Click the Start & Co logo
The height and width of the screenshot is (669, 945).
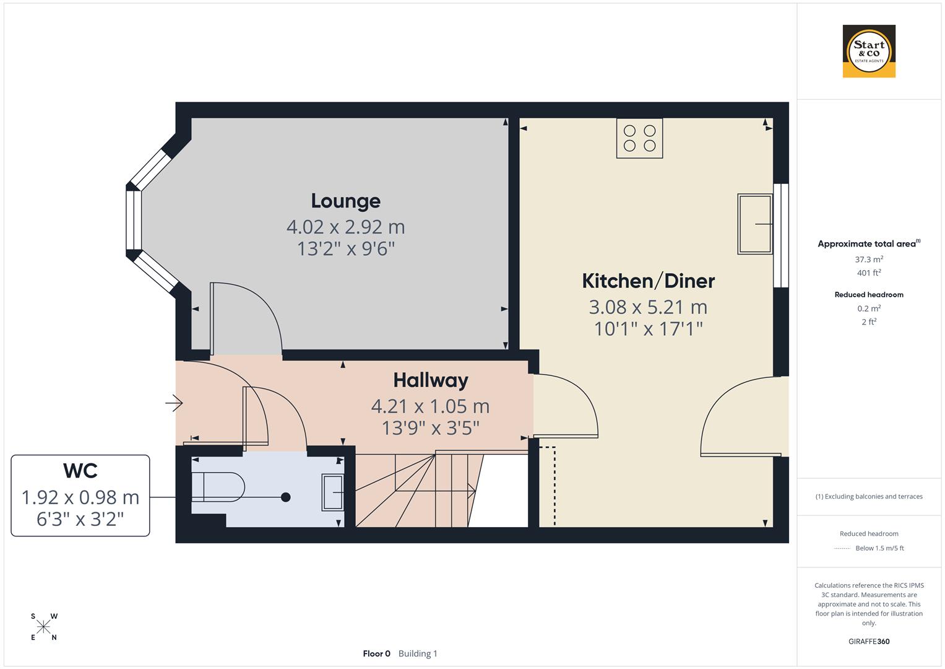[869, 51]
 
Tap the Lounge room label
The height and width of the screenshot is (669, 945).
[345, 201]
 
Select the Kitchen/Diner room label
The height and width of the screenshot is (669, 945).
[648, 281]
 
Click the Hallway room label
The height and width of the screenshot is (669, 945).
[431, 380]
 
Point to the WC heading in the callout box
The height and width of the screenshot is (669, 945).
[80, 471]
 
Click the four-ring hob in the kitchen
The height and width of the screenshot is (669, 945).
[639, 138]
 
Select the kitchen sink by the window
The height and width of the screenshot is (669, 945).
[755, 224]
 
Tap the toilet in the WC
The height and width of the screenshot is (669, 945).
[217, 487]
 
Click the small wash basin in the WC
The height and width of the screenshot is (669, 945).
[332, 492]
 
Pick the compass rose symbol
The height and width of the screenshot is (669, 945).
[43, 627]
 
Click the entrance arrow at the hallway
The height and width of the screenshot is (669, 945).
[174, 404]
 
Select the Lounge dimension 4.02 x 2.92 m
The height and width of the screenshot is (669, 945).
[345, 227]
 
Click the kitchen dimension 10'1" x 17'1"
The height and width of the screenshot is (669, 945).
[648, 328]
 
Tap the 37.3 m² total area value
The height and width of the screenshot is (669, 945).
[869, 260]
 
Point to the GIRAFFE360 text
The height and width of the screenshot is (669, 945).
[869, 641]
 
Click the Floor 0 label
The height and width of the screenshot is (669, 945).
[376, 654]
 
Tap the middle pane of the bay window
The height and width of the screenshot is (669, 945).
[134, 219]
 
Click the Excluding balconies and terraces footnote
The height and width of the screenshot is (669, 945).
[869, 496]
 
